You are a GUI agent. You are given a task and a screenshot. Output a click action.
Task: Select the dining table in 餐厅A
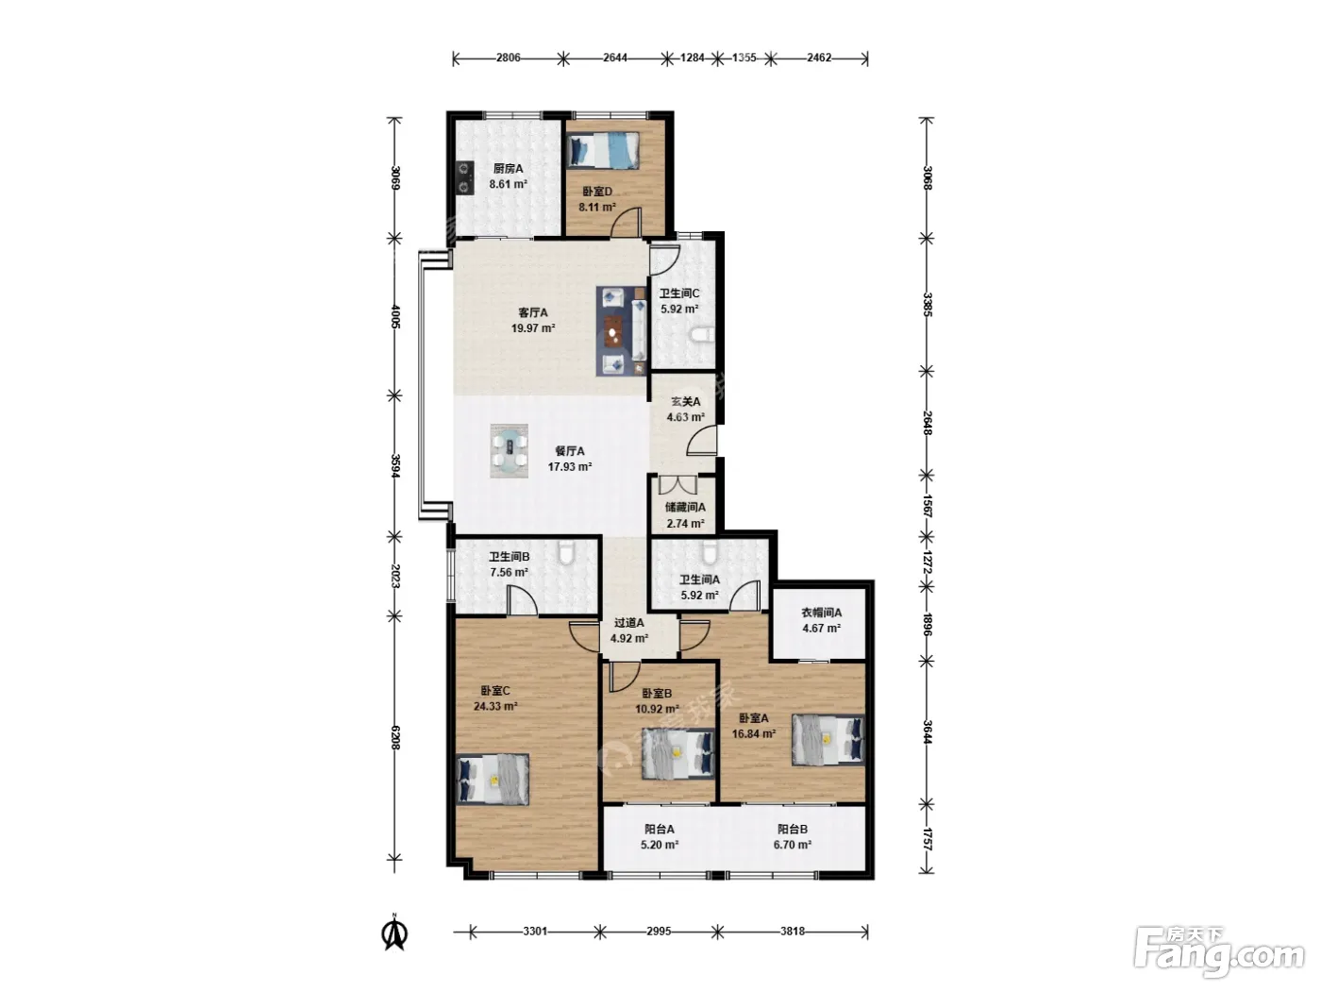click(510, 451)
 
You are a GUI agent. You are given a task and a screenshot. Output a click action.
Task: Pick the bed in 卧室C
click(493, 779)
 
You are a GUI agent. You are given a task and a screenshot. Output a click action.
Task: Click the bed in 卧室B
click(677, 753)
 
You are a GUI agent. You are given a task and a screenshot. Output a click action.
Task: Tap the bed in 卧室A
click(828, 740)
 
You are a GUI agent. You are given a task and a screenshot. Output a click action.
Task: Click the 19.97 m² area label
click(532, 328)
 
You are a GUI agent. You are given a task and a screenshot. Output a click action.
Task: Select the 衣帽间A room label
click(821, 613)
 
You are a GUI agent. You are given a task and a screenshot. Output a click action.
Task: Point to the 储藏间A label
click(685, 507)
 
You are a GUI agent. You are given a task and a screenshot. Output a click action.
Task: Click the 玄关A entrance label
click(685, 401)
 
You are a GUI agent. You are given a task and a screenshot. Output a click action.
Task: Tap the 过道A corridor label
click(629, 623)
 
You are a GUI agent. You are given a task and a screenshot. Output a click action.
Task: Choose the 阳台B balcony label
click(792, 830)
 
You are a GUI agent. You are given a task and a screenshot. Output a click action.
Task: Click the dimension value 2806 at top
click(508, 58)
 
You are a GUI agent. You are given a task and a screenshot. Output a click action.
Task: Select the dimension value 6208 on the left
click(394, 737)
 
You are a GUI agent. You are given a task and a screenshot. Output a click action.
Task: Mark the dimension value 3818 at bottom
click(792, 932)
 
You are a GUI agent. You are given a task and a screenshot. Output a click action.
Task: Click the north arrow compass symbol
click(394, 932)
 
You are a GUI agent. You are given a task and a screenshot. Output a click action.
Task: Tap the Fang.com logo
click(1219, 953)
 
